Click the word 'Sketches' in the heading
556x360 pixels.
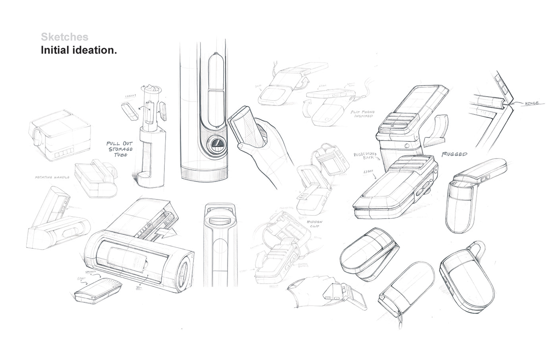tap(64, 37)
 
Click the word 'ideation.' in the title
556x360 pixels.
tap(96, 50)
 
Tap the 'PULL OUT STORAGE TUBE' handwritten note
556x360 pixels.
tap(119, 149)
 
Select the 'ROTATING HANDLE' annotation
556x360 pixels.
tap(52, 177)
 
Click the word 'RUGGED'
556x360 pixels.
tap(454, 154)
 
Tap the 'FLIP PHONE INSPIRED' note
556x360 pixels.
tap(362, 114)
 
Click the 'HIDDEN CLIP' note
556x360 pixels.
tap(314, 225)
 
